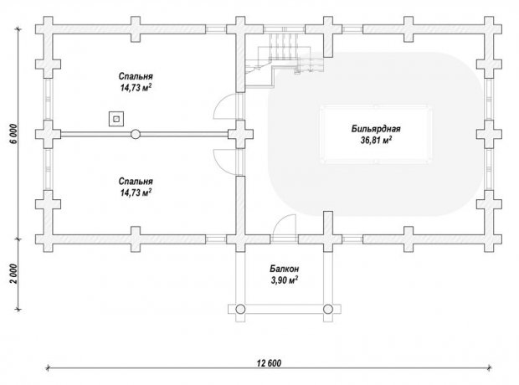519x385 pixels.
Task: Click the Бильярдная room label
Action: click(376, 128)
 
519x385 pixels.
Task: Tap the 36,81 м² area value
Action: click(377, 140)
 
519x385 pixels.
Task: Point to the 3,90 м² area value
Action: click(285, 280)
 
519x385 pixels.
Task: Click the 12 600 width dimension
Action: click(269, 363)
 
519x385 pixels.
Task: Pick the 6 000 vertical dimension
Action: click(13, 134)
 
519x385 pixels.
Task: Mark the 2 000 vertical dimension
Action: click(13, 274)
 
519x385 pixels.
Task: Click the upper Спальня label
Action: click(136, 76)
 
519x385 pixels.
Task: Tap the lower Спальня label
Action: click(136, 181)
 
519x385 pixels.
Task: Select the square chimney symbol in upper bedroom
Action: click(116, 119)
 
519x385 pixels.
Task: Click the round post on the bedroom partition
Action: click(136, 134)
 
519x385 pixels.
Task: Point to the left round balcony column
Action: click(240, 309)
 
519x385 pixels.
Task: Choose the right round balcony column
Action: click(328, 309)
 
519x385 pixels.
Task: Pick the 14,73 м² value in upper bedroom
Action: click(136, 88)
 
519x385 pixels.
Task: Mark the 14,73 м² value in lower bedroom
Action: click(136, 192)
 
